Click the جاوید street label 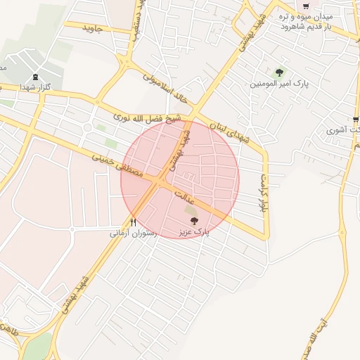(x=93, y=28)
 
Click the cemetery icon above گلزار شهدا (x=36, y=77)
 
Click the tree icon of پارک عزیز (x=194, y=221)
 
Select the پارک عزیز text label (x=194, y=231)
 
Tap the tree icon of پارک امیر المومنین (x=279, y=72)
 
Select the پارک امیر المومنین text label (x=279, y=84)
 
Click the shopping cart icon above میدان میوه (x=304, y=5)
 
